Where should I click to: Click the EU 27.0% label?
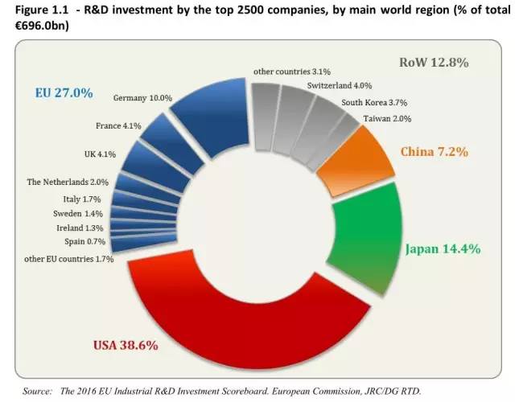pyautogui.click(x=64, y=93)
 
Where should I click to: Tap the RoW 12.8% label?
pyautogui.click(x=435, y=62)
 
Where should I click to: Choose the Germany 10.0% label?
pyautogui.click(x=142, y=98)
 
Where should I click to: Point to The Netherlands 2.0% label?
pyautogui.click(x=66, y=182)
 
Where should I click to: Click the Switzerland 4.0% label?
pyautogui.click(x=339, y=85)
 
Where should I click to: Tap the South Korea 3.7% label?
pyautogui.click(x=373, y=103)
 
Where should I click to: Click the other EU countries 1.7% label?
pyautogui.click(x=70, y=259)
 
